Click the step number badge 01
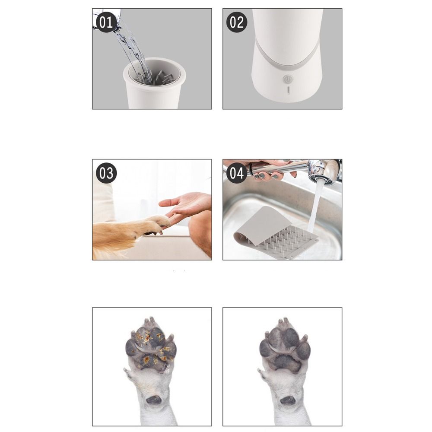pos(106,22)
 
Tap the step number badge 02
pos(237,22)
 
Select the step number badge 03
pos(106,173)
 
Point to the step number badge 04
pos(237,173)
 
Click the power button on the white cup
pos(288,79)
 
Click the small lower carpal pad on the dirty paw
pos(153,400)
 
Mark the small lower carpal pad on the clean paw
pos(286,400)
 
